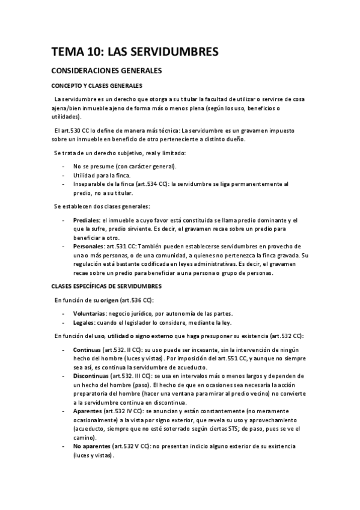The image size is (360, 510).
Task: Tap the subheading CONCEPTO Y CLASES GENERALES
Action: tap(96, 86)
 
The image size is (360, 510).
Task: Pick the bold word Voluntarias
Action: tap(89, 314)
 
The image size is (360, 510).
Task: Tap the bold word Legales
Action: tap(83, 322)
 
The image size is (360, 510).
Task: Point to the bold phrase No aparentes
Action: tap(91, 446)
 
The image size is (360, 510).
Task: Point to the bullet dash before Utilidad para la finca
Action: tap(64, 174)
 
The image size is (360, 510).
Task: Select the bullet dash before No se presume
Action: tap(64, 166)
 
